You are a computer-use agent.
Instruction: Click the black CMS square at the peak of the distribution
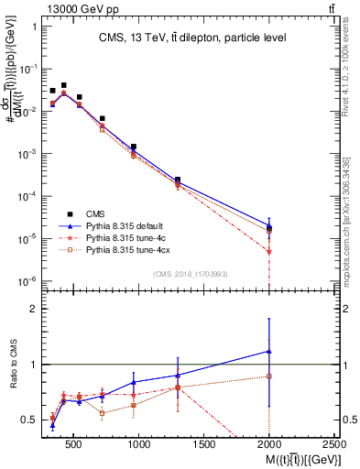[63, 85]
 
